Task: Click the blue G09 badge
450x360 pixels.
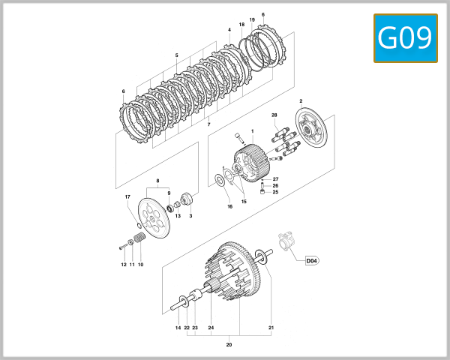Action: tap(405, 37)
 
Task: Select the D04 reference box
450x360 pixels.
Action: tap(312, 261)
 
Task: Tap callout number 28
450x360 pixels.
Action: tap(274, 115)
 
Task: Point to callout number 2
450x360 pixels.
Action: tap(301, 100)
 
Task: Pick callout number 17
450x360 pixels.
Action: tap(127, 197)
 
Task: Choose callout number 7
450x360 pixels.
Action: tap(208, 124)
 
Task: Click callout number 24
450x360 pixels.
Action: tap(211, 328)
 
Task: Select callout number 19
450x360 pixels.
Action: tap(251, 19)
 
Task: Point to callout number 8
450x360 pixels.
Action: tap(158, 181)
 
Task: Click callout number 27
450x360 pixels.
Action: tap(275, 179)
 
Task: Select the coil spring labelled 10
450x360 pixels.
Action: tap(138, 242)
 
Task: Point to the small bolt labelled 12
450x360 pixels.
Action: tap(121, 247)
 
